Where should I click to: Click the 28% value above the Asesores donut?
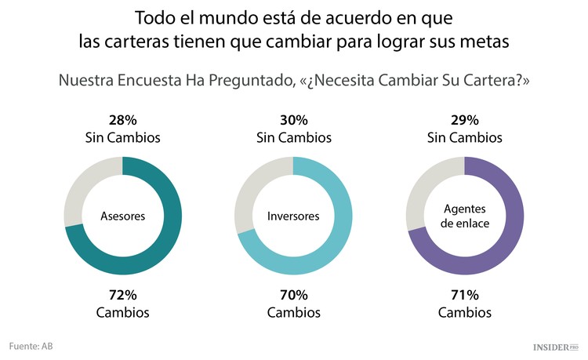122,121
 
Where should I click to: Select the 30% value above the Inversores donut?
293,121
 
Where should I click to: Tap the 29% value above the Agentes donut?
465,121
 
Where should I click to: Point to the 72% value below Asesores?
122,296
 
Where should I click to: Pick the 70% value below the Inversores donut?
293,296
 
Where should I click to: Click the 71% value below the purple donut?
465,296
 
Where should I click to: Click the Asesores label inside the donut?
122,216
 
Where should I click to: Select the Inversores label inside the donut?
293,216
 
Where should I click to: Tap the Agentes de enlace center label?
465,216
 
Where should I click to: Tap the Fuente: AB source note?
31,346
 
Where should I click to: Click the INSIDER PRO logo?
555,346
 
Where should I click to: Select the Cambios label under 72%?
122,312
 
